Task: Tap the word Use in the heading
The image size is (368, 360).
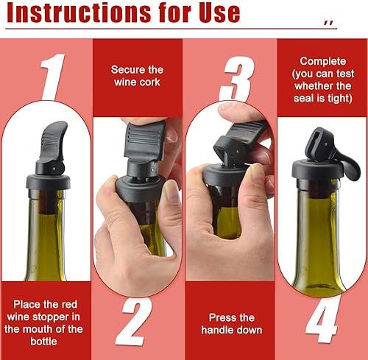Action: (219, 13)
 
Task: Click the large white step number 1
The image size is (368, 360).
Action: (52, 77)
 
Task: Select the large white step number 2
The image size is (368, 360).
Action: (134, 322)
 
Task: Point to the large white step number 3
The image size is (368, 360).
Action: (237, 79)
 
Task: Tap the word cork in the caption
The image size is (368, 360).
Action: (149, 82)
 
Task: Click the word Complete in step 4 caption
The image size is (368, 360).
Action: (323, 62)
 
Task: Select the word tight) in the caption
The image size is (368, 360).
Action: (340, 98)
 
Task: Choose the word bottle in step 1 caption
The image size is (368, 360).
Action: (44, 342)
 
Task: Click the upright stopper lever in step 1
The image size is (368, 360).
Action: (53, 141)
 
